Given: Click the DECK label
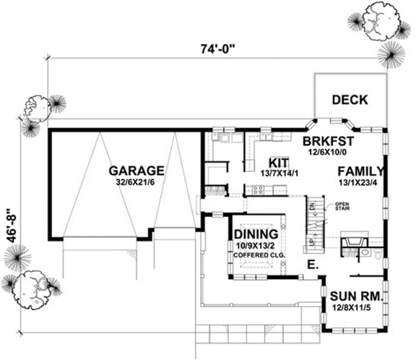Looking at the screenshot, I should pos(350,100).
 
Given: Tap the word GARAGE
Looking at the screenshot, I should pos(136,170).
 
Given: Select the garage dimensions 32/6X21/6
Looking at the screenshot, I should pos(136,182).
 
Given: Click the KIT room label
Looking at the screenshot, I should pos(279,163).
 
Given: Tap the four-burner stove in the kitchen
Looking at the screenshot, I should pos(257,191).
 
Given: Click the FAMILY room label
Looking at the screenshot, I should pos(359,171).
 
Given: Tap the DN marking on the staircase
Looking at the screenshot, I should pos(313,206).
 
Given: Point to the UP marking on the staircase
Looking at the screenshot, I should pos(313,241).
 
